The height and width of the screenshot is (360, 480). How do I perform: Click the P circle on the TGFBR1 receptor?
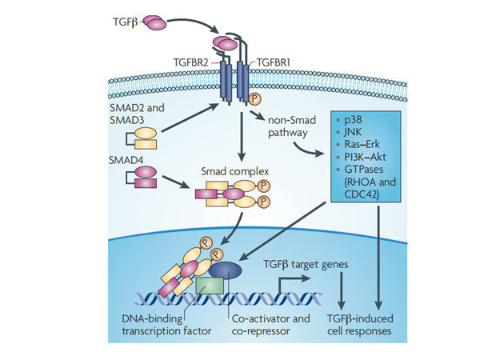click(255, 99)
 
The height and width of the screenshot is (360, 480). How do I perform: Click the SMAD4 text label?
click(126, 160)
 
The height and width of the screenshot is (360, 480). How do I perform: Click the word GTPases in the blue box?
click(352, 169)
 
